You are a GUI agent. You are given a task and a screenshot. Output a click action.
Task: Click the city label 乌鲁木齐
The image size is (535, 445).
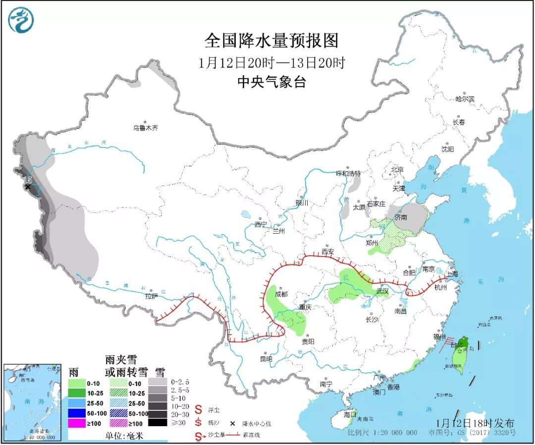(x=145, y=128)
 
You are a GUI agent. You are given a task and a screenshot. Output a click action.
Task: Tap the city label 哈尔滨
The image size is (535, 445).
(x=465, y=99)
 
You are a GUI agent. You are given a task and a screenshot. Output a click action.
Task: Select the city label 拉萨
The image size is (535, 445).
(x=151, y=297)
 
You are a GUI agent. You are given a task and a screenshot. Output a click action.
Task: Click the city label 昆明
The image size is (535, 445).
(x=266, y=358)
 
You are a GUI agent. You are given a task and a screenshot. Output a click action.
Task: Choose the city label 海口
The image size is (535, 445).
(x=350, y=414)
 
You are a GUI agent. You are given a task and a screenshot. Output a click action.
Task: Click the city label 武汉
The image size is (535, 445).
(x=382, y=291)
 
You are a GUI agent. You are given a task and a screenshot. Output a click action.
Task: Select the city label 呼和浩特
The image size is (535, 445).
(x=348, y=173)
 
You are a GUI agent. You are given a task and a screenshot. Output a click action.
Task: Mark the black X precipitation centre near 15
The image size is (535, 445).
(x=28, y=187)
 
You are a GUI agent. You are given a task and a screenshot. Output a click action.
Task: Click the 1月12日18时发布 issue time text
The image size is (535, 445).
(x=476, y=423)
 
